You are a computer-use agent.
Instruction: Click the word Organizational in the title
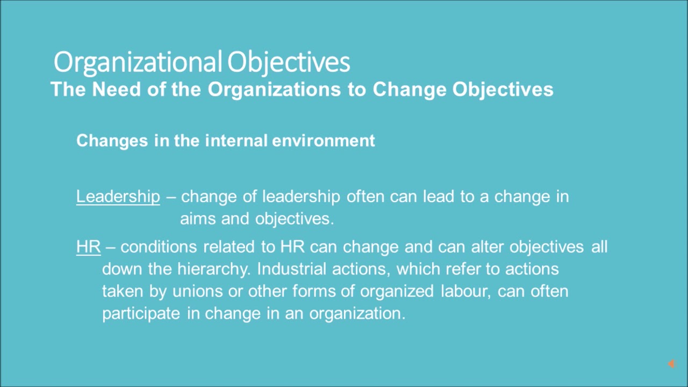pyautogui.click(x=138, y=62)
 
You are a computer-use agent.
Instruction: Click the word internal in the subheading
pyautogui.click(x=236, y=141)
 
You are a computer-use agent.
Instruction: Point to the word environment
pyautogui.click(x=324, y=141)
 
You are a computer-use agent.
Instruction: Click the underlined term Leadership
pyautogui.click(x=118, y=197)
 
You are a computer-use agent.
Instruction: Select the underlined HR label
pyautogui.click(x=89, y=247)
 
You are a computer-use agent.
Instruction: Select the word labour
pyautogui.click(x=465, y=291)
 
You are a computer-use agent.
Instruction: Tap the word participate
pyautogui.click(x=141, y=313)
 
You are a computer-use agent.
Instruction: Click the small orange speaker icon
pyautogui.click(x=671, y=364)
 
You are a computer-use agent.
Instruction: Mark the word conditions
pyautogui.click(x=159, y=247)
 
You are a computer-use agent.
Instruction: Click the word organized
pyautogui.click(x=397, y=291)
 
